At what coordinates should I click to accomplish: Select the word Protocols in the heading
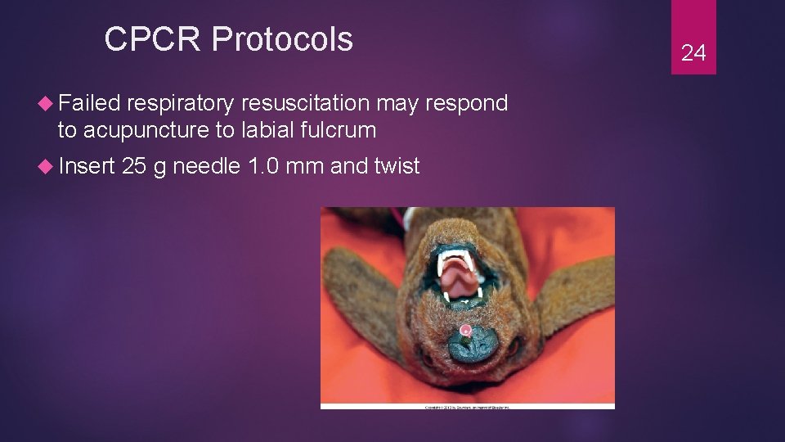284,39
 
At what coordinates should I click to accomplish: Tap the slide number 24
693,53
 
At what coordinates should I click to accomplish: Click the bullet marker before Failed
47,104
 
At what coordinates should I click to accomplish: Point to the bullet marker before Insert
47,167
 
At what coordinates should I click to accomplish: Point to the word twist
396,166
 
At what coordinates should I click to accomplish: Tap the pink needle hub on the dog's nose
465,331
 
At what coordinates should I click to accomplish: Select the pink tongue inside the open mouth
460,283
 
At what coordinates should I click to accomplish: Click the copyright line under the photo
467,406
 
